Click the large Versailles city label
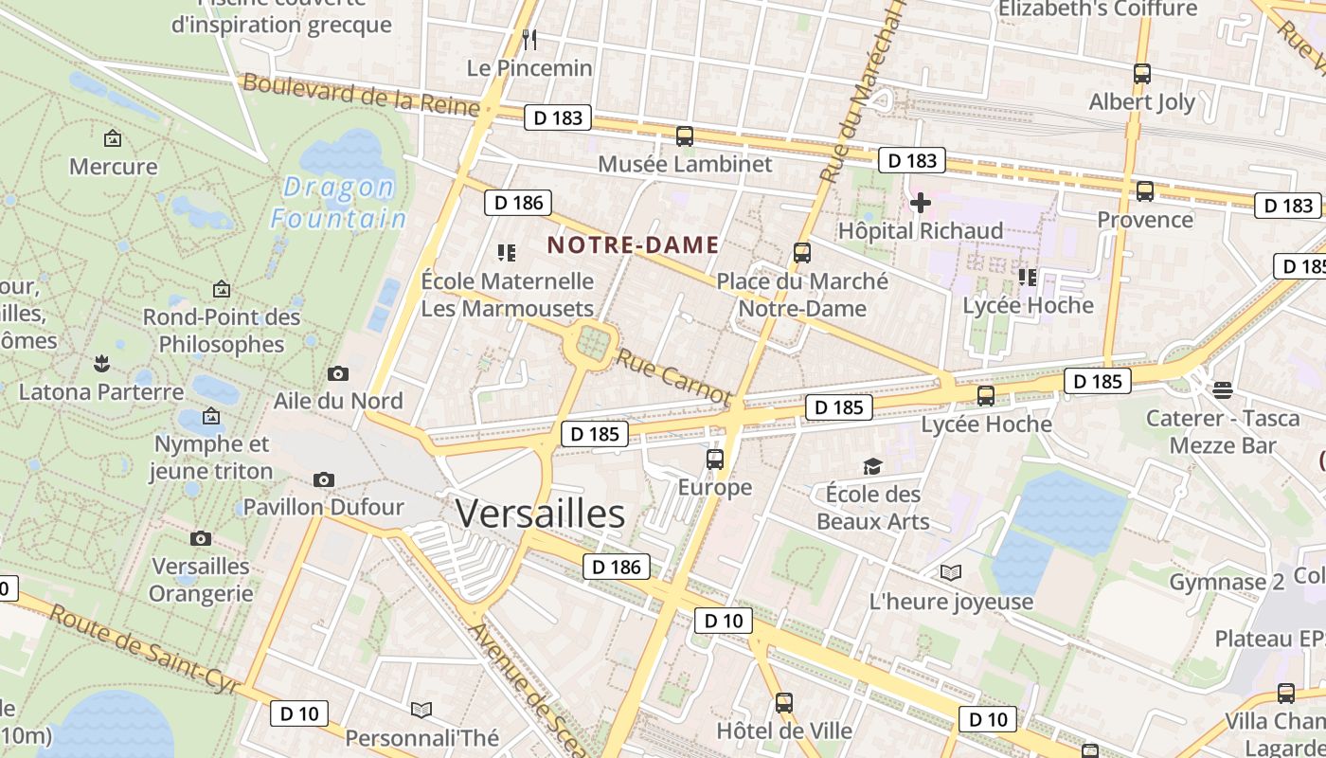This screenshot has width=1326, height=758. [x=540, y=513]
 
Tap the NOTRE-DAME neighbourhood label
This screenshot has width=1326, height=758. [x=633, y=244]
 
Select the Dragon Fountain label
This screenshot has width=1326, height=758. [x=339, y=203]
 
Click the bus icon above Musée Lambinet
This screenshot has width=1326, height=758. [x=685, y=136]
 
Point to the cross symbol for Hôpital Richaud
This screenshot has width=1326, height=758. [x=920, y=203]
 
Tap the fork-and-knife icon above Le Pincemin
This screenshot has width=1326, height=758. [x=529, y=39]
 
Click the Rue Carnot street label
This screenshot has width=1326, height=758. [x=673, y=375]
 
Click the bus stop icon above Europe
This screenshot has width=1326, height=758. [x=715, y=460]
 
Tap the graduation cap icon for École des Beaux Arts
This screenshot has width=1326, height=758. [x=872, y=466]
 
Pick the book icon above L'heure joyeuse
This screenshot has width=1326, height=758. [x=950, y=572]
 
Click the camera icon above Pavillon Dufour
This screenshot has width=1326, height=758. [x=324, y=479]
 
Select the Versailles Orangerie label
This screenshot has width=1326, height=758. [x=202, y=580]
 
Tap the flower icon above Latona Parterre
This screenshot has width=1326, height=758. [x=100, y=362]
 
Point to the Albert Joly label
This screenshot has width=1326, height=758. [x=1142, y=101]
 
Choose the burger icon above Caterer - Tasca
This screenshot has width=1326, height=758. [x=1222, y=389]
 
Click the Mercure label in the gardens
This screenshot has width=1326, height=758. [x=114, y=167]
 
